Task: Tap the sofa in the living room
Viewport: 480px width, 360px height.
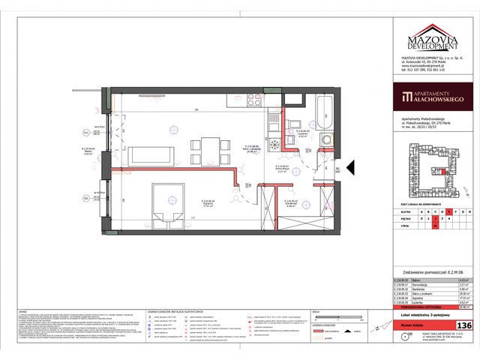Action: (x=154, y=155)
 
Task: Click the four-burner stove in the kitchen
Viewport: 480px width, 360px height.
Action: (x=255, y=102)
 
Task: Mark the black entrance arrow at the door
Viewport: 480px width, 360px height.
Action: (x=339, y=177)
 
